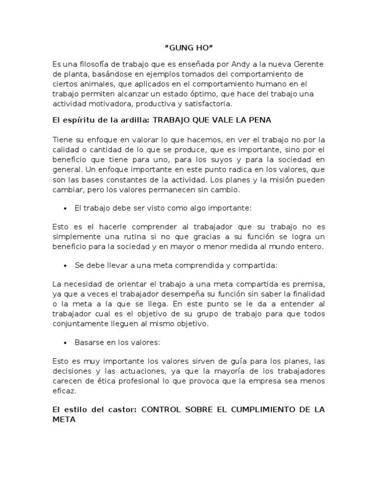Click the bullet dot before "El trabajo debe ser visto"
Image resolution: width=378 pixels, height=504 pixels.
point(65,209)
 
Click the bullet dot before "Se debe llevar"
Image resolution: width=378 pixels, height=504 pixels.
point(65,266)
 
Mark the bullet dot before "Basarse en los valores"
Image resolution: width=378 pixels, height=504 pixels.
point(65,343)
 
